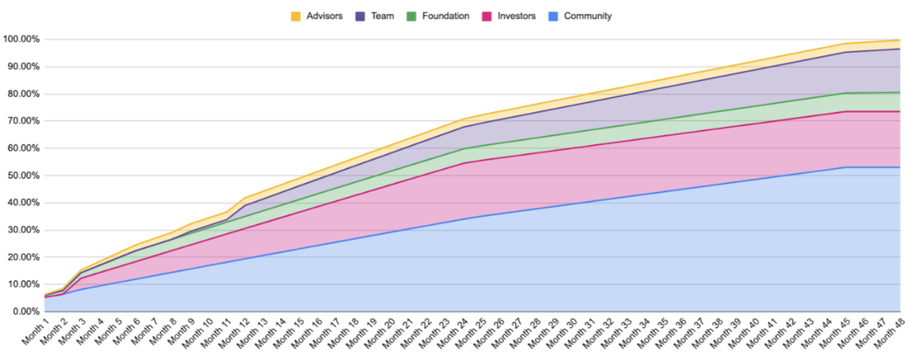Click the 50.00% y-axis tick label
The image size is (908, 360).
[23, 175]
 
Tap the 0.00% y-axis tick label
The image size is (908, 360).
[26, 312]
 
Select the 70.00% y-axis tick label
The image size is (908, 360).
[23, 121]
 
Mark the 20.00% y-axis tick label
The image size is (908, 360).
[23, 257]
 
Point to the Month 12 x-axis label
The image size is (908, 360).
[234, 334]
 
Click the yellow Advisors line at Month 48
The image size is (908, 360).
[899, 40]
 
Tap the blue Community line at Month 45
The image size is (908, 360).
[844, 167]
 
